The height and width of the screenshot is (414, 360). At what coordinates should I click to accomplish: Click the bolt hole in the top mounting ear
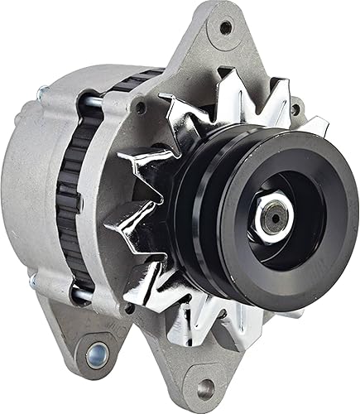click(224, 27)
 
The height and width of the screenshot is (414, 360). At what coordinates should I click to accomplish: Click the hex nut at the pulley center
click(271, 217)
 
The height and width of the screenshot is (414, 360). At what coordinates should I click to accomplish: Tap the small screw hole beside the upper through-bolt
click(142, 107)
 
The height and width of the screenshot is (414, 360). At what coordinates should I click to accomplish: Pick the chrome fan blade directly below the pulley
click(248, 331)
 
